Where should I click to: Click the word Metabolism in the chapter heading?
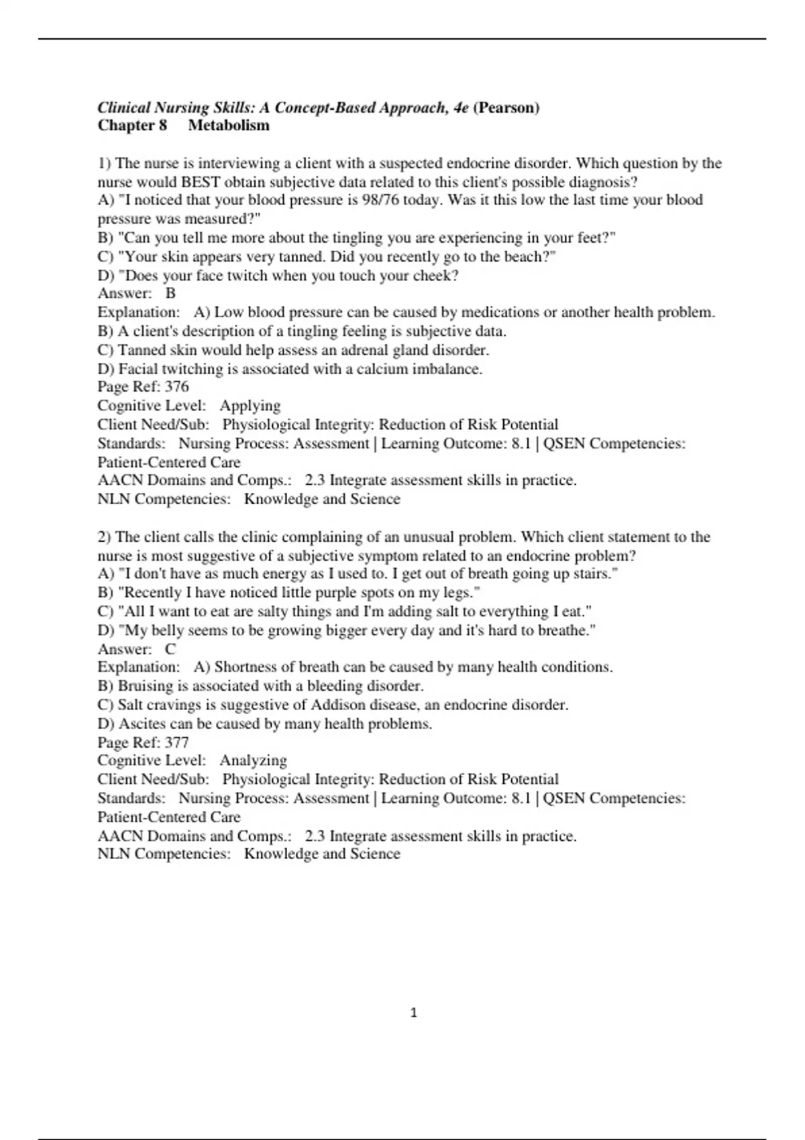point(229,125)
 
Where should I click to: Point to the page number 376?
point(176,387)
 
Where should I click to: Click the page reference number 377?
point(176,742)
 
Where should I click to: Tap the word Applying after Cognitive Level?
point(250,406)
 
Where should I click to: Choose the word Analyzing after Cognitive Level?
point(253,760)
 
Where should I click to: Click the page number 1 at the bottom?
point(413,1013)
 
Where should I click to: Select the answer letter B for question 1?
point(170,293)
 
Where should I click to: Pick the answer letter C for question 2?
point(170,649)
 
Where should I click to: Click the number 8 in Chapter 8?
point(162,125)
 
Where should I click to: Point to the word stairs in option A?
point(592,574)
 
